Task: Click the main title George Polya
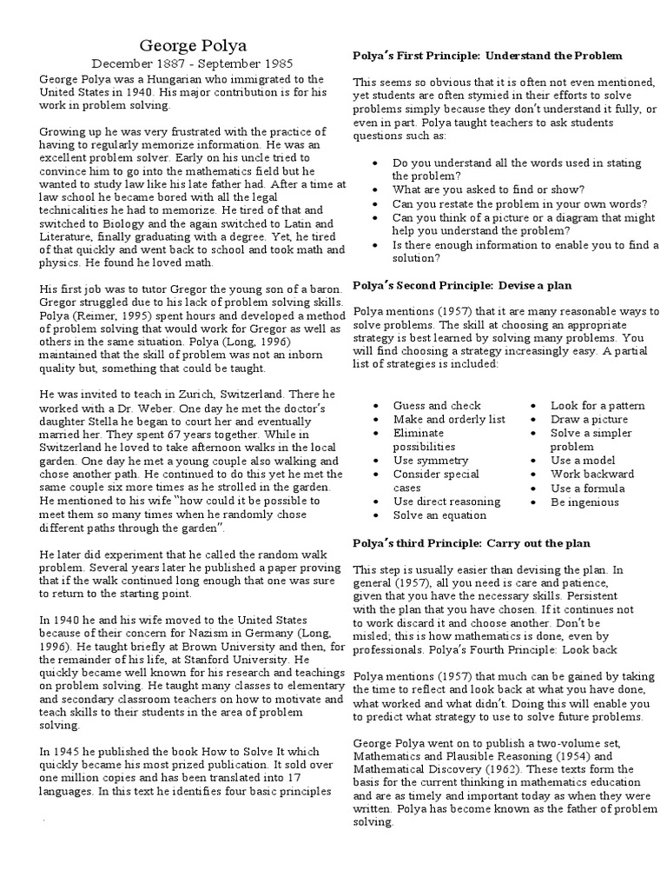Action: [192, 44]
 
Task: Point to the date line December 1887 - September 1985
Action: [192, 63]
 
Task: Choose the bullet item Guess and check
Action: [436, 405]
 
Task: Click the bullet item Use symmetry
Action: [430, 460]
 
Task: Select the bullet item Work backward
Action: [592, 474]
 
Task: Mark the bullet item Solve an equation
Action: [439, 515]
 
